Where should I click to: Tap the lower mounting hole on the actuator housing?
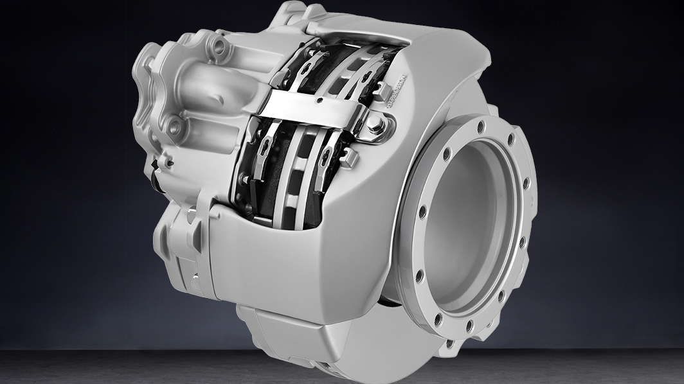175,127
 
